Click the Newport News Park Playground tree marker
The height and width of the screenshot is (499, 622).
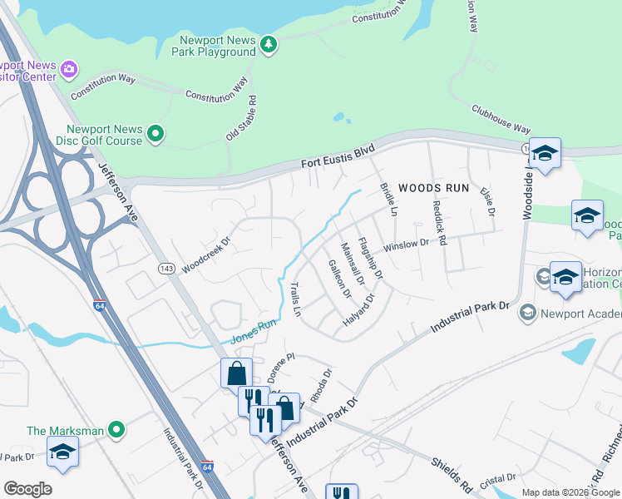coord(268,44)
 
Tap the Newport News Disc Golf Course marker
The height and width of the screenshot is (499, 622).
coord(155,133)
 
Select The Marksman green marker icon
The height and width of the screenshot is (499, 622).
coord(117,430)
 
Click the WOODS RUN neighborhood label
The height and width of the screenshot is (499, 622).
coord(434,188)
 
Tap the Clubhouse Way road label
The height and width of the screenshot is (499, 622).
coord(501,119)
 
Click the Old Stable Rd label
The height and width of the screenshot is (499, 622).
coord(241,117)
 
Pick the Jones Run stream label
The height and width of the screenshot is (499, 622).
coord(252,332)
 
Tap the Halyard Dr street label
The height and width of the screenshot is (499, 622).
coord(359,309)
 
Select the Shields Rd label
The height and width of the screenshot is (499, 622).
coord(452,473)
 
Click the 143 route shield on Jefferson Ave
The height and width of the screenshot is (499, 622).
coord(165,268)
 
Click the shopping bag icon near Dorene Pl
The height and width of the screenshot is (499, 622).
coord(236,373)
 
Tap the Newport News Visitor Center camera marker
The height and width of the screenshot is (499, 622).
coord(69,68)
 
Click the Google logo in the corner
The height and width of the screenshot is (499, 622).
coord(27,489)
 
